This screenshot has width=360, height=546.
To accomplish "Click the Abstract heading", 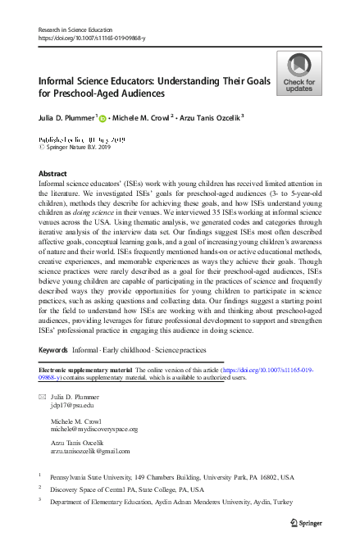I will click(55, 175).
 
